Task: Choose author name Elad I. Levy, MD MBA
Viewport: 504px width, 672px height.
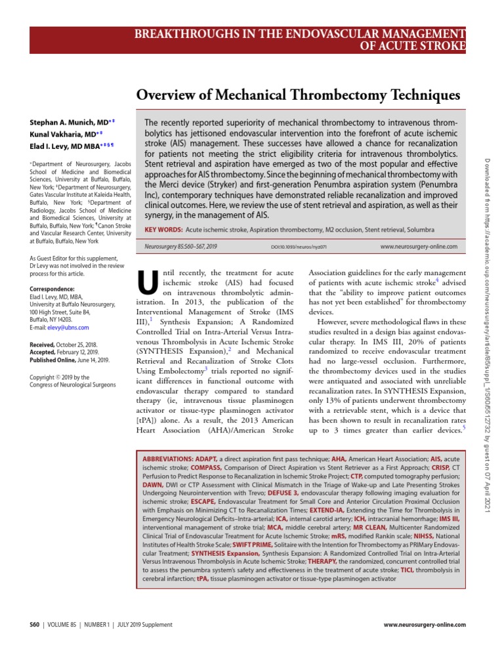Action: click(66, 146)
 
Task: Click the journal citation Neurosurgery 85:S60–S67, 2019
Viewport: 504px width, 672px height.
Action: click(180, 246)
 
